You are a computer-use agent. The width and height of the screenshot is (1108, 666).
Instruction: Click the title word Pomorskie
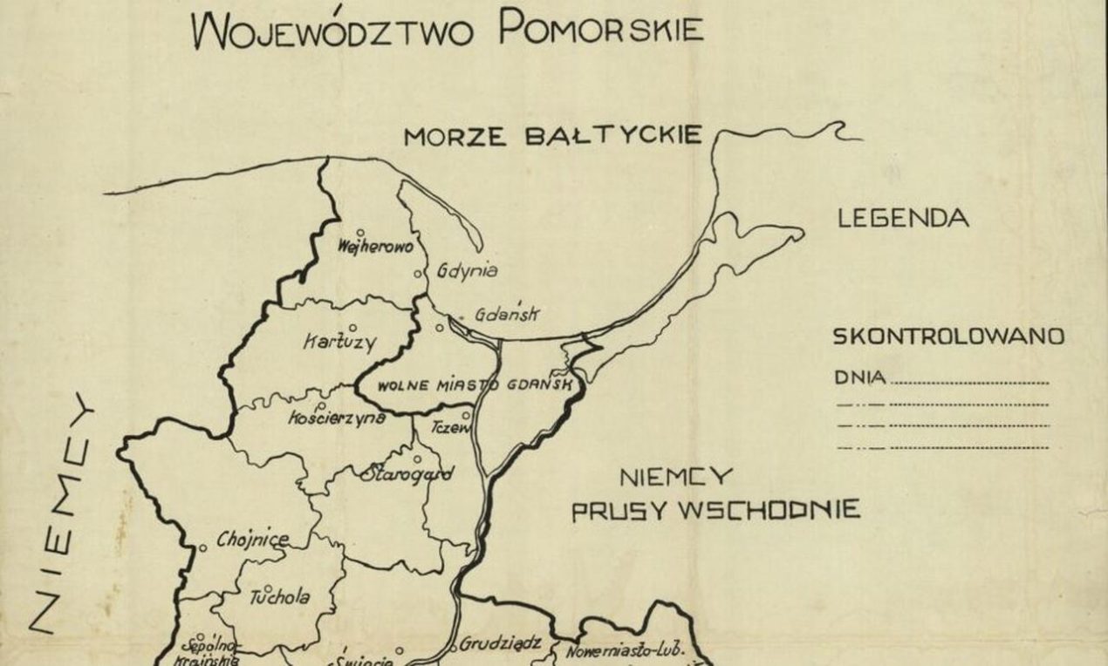(x=600, y=28)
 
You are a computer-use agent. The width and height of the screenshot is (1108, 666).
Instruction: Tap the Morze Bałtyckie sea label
(x=552, y=136)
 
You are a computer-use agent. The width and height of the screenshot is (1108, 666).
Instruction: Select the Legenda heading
(x=902, y=218)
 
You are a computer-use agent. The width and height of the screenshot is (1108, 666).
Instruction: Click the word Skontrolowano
(x=948, y=336)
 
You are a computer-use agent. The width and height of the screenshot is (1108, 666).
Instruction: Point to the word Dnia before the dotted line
(x=860, y=378)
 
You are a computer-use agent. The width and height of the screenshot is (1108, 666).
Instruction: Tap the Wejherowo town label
(x=375, y=247)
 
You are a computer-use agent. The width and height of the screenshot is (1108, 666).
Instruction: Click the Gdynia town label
(x=469, y=270)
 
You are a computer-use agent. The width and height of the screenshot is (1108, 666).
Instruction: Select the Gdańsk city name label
(x=509, y=315)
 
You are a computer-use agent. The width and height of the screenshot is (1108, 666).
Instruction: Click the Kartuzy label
(x=339, y=342)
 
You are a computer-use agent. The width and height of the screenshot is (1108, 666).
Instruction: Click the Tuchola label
(x=280, y=598)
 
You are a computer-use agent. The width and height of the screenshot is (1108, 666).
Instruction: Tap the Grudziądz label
(x=501, y=643)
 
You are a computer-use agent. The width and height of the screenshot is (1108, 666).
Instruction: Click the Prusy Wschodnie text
(x=715, y=509)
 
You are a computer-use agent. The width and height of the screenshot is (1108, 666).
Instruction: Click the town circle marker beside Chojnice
(x=202, y=547)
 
